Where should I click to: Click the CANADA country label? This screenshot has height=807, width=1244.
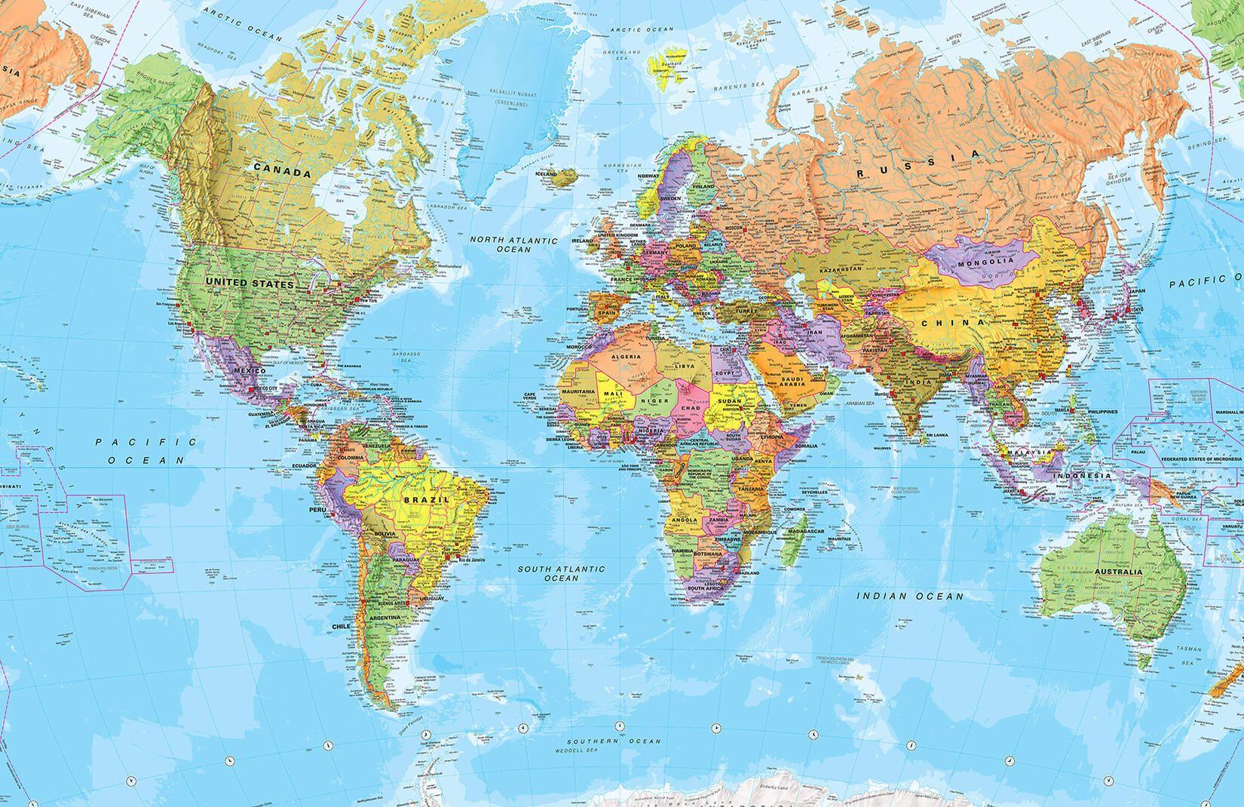coord(281,172)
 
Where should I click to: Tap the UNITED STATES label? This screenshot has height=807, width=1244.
coord(248,284)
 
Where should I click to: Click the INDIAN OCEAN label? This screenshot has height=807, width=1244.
coord(911,596)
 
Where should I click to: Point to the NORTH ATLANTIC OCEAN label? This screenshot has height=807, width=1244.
coord(513,244)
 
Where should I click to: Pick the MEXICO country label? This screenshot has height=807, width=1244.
coord(247,371)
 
